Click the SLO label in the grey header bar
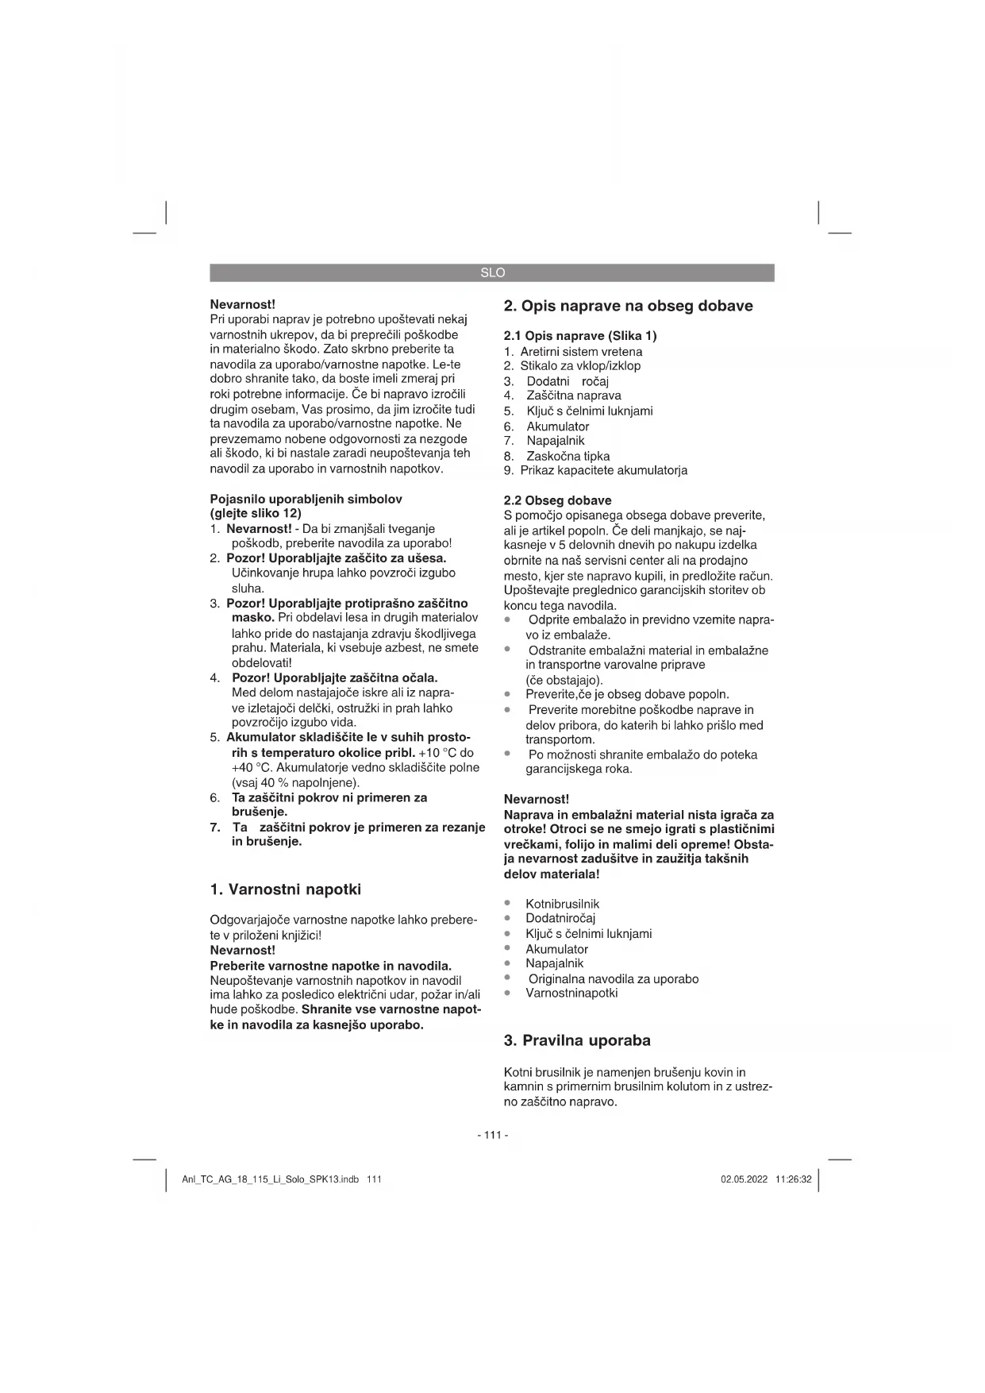492,273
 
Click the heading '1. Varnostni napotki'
285,889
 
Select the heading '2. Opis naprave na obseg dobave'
628,306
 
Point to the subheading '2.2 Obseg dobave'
557,500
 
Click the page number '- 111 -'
492,1135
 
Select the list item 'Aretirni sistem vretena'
581,352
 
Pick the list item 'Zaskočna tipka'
568,456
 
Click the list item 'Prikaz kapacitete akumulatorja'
603,470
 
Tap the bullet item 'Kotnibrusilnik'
562,904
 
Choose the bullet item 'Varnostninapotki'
571,993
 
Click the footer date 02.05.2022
744,1179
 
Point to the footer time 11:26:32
794,1179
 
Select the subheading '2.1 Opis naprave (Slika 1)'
580,336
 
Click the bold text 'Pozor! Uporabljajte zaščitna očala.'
334,678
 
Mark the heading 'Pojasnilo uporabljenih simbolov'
306,500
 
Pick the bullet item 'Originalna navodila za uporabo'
613,978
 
